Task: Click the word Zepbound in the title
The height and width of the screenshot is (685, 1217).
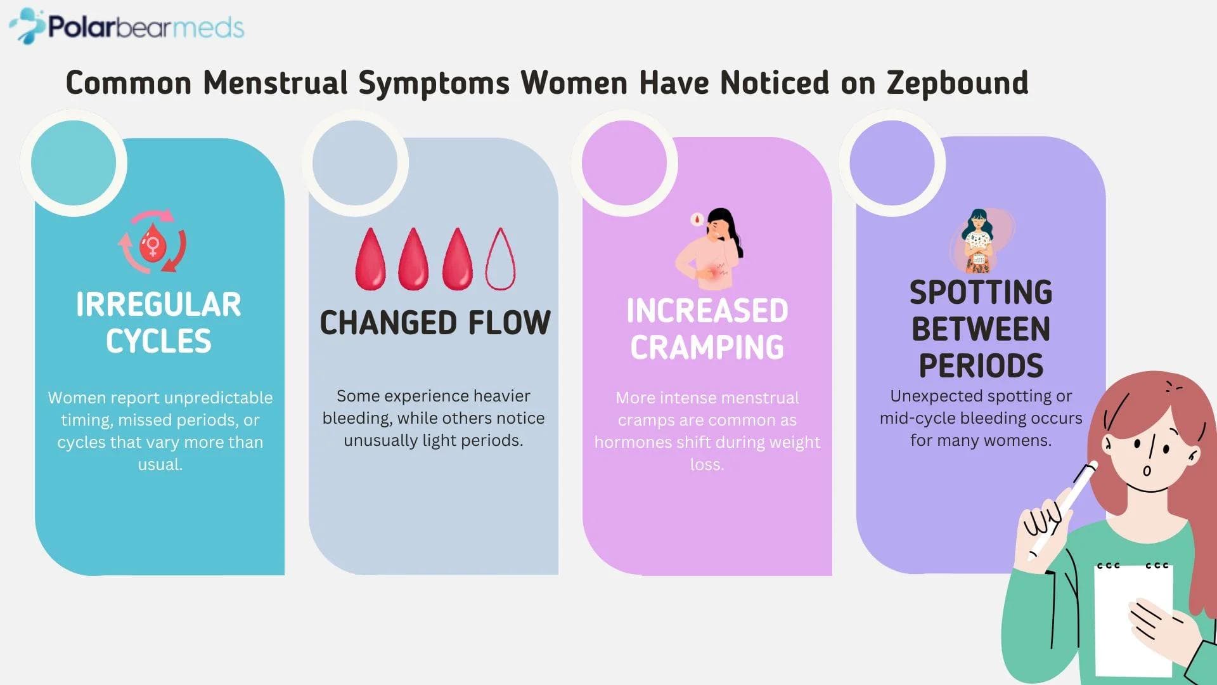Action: [957, 83]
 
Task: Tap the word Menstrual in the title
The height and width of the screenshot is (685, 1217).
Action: [275, 83]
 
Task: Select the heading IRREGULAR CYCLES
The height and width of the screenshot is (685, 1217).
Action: [158, 322]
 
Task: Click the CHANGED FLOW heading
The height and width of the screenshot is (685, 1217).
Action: [435, 322]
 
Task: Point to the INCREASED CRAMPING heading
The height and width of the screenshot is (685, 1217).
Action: [707, 329]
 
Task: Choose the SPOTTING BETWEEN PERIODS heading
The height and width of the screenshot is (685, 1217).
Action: [981, 329]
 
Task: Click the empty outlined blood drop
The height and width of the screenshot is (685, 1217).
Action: [500, 259]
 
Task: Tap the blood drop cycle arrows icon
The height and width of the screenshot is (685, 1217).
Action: [152, 242]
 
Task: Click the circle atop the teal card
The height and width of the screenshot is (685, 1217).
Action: [74, 163]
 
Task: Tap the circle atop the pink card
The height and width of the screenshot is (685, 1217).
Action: [624, 163]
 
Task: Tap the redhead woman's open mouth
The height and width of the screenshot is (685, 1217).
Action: [1147, 471]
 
